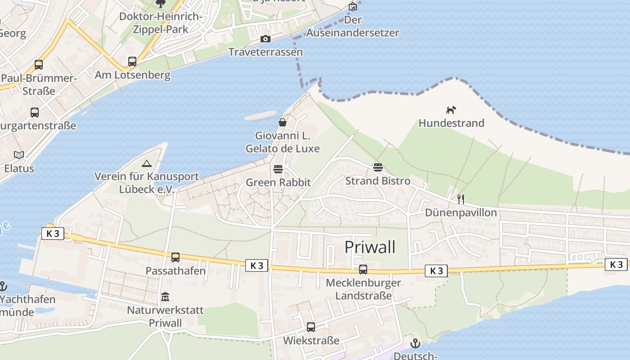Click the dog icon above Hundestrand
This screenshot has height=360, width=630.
point(451,110)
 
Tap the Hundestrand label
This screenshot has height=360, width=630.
point(451,123)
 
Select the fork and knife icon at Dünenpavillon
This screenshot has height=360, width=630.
point(460,199)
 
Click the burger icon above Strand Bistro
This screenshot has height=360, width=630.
point(378,167)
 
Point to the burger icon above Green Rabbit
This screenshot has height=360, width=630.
point(278,169)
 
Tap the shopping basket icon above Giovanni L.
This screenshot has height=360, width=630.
point(283,122)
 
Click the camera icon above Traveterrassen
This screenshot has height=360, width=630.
point(265,39)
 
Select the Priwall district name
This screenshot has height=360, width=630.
point(370,247)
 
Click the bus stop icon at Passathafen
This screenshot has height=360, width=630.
point(175,257)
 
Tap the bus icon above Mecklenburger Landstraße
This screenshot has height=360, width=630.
point(363,270)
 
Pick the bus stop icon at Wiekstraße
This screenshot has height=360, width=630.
point(311,327)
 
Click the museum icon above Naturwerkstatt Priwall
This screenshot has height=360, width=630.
point(165,297)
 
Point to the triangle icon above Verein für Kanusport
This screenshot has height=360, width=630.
point(146,164)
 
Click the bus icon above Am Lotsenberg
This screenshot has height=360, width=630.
point(132,62)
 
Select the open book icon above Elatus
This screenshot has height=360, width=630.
point(19,155)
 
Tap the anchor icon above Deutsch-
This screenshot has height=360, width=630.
point(415,344)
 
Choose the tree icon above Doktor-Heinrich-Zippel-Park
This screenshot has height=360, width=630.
point(161,4)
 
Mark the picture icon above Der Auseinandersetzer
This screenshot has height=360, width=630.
point(353,6)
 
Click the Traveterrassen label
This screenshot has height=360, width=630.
point(265,52)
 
